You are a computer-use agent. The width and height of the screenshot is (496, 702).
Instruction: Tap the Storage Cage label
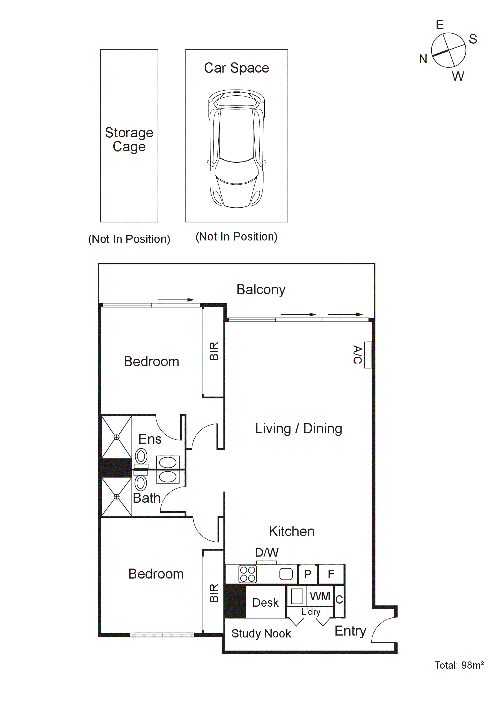coord(129,139)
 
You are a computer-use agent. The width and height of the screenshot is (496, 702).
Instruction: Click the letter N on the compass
coord(423,59)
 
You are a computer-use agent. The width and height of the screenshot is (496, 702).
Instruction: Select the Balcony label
coord(261,289)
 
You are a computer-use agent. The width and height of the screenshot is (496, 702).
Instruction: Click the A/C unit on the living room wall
coord(368,355)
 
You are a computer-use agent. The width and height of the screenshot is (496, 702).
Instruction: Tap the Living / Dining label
coord(298,428)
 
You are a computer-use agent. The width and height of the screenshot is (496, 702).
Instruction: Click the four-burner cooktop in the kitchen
coord(247,574)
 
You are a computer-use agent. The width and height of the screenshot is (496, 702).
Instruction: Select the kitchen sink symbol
coord(286,574)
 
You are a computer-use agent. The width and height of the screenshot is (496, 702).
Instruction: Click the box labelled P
coord(307,574)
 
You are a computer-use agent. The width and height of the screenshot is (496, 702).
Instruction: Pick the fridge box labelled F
coord(331,574)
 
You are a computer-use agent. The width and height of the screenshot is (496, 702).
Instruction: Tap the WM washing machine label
coord(320,596)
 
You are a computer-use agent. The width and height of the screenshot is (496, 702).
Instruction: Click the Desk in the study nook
coord(265,602)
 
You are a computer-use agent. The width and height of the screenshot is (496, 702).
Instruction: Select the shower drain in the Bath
coord(116,497)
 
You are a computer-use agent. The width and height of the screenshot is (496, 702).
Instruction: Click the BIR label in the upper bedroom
coord(214,351)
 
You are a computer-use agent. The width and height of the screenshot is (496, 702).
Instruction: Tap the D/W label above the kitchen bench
coord(267,552)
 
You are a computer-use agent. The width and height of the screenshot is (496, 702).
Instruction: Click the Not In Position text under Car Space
coord(236,236)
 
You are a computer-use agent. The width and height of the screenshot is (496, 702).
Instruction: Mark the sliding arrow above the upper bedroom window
coord(176,300)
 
